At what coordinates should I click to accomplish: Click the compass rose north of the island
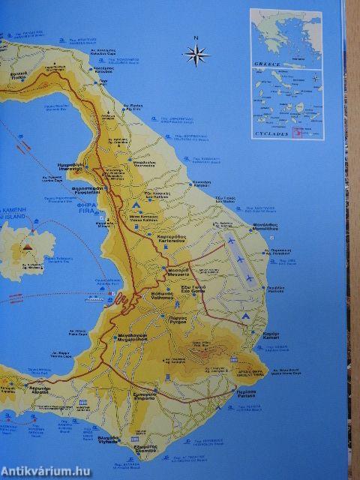coord(196,53)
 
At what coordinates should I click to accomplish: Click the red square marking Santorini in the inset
coord(296,133)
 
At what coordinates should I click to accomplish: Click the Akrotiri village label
coord(42,389)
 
